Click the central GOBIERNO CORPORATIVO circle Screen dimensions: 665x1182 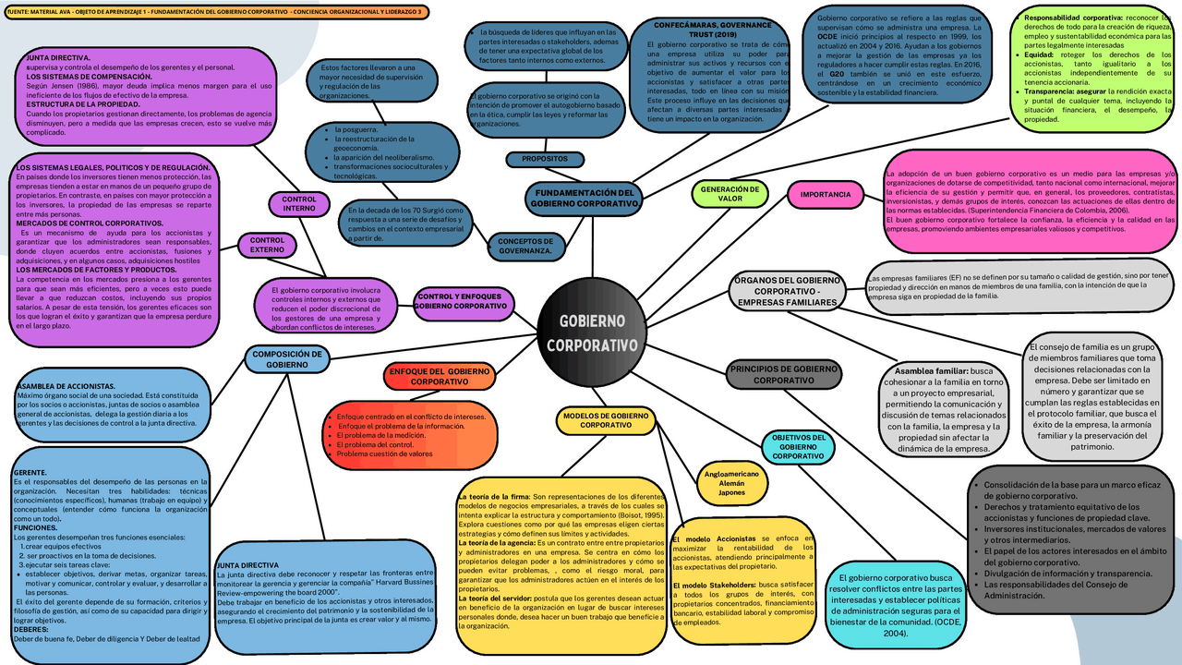[591, 332]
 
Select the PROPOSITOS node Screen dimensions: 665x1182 [544, 159]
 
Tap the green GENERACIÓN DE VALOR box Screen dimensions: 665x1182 [730, 193]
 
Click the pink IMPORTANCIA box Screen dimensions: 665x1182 [825, 195]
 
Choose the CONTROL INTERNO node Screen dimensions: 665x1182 [298, 203]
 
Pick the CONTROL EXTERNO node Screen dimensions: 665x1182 [267, 245]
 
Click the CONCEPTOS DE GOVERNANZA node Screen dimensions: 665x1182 [525, 246]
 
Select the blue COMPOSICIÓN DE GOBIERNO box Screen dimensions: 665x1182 [287, 358]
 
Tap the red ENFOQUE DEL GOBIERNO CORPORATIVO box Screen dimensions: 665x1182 [439, 376]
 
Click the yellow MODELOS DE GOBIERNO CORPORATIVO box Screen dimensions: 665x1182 [606, 421]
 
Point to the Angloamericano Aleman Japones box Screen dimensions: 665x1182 [731, 482]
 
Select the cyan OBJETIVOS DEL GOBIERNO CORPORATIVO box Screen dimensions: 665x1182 [798, 446]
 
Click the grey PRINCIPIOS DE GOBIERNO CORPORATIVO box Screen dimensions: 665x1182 [784, 374]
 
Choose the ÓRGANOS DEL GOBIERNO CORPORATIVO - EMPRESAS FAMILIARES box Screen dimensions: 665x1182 [787, 291]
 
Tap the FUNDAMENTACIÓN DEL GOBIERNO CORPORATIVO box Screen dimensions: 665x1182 [585, 198]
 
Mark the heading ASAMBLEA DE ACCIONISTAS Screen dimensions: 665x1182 [66, 386]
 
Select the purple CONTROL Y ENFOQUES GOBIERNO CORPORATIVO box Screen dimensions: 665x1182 [462, 300]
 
